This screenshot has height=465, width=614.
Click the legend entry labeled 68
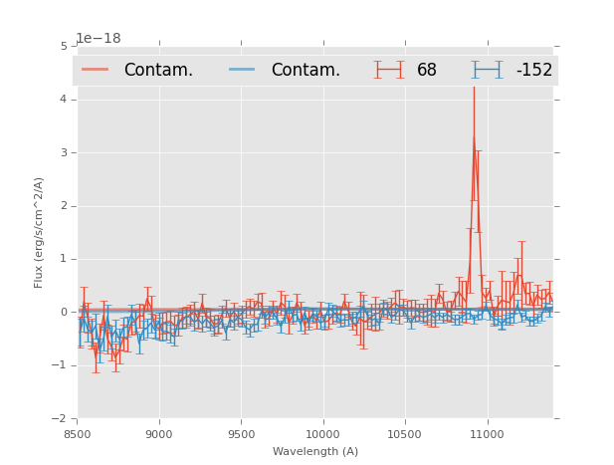click(x=426, y=70)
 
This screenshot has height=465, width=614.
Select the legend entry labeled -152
click(x=533, y=70)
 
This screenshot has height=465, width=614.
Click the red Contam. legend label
click(x=158, y=70)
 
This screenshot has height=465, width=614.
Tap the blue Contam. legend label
click(x=306, y=70)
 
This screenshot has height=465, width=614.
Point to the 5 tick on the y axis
click(x=64, y=46)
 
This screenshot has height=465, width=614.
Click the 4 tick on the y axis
click(x=64, y=100)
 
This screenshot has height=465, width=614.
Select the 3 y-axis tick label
click(x=64, y=152)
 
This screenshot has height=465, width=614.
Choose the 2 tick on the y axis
click(x=64, y=206)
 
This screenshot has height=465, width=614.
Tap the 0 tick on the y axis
click(x=64, y=312)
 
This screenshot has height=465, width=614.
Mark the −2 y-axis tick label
click(x=61, y=418)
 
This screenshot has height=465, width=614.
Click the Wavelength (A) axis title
click(x=315, y=452)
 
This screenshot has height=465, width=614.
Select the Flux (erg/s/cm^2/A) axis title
click(x=39, y=232)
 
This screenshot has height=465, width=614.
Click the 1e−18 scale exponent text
click(x=99, y=39)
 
